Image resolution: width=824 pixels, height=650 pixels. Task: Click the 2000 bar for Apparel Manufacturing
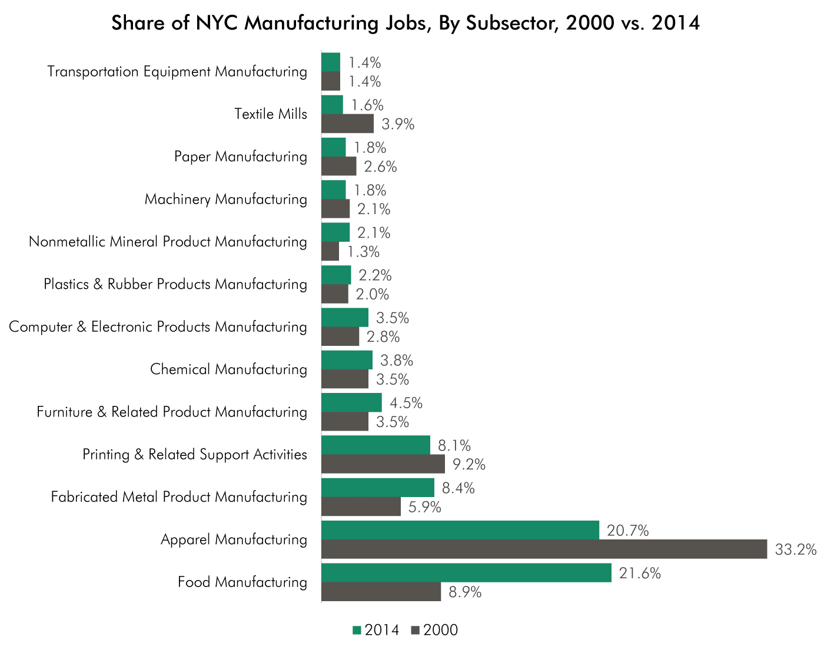coord(544,549)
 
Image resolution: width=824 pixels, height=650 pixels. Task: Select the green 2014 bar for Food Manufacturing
coord(466,573)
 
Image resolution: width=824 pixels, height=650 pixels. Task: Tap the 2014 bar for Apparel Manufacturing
coord(460,530)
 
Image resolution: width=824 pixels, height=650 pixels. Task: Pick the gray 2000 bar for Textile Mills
coord(347,124)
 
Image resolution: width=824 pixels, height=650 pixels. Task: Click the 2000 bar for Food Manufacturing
coord(381,592)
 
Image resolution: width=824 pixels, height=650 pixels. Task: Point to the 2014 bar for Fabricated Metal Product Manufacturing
coord(377,488)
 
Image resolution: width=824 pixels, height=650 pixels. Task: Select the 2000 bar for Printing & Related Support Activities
coord(383,464)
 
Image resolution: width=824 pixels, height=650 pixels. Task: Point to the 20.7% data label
coord(627,531)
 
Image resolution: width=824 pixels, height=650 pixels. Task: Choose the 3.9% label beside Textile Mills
coord(398,124)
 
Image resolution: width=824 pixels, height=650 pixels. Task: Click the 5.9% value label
coord(425,507)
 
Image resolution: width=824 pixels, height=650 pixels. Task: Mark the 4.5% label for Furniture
coord(406,403)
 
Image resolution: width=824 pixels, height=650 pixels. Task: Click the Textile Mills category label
coord(271,114)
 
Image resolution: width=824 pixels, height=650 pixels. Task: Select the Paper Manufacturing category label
coord(241,156)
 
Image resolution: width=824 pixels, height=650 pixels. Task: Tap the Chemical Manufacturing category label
coord(228,369)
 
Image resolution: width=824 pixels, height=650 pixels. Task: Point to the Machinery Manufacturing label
coord(226,199)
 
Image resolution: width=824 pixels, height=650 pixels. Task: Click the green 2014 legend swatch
coord(357,631)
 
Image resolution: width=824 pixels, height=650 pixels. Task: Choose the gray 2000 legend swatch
coord(416,631)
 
